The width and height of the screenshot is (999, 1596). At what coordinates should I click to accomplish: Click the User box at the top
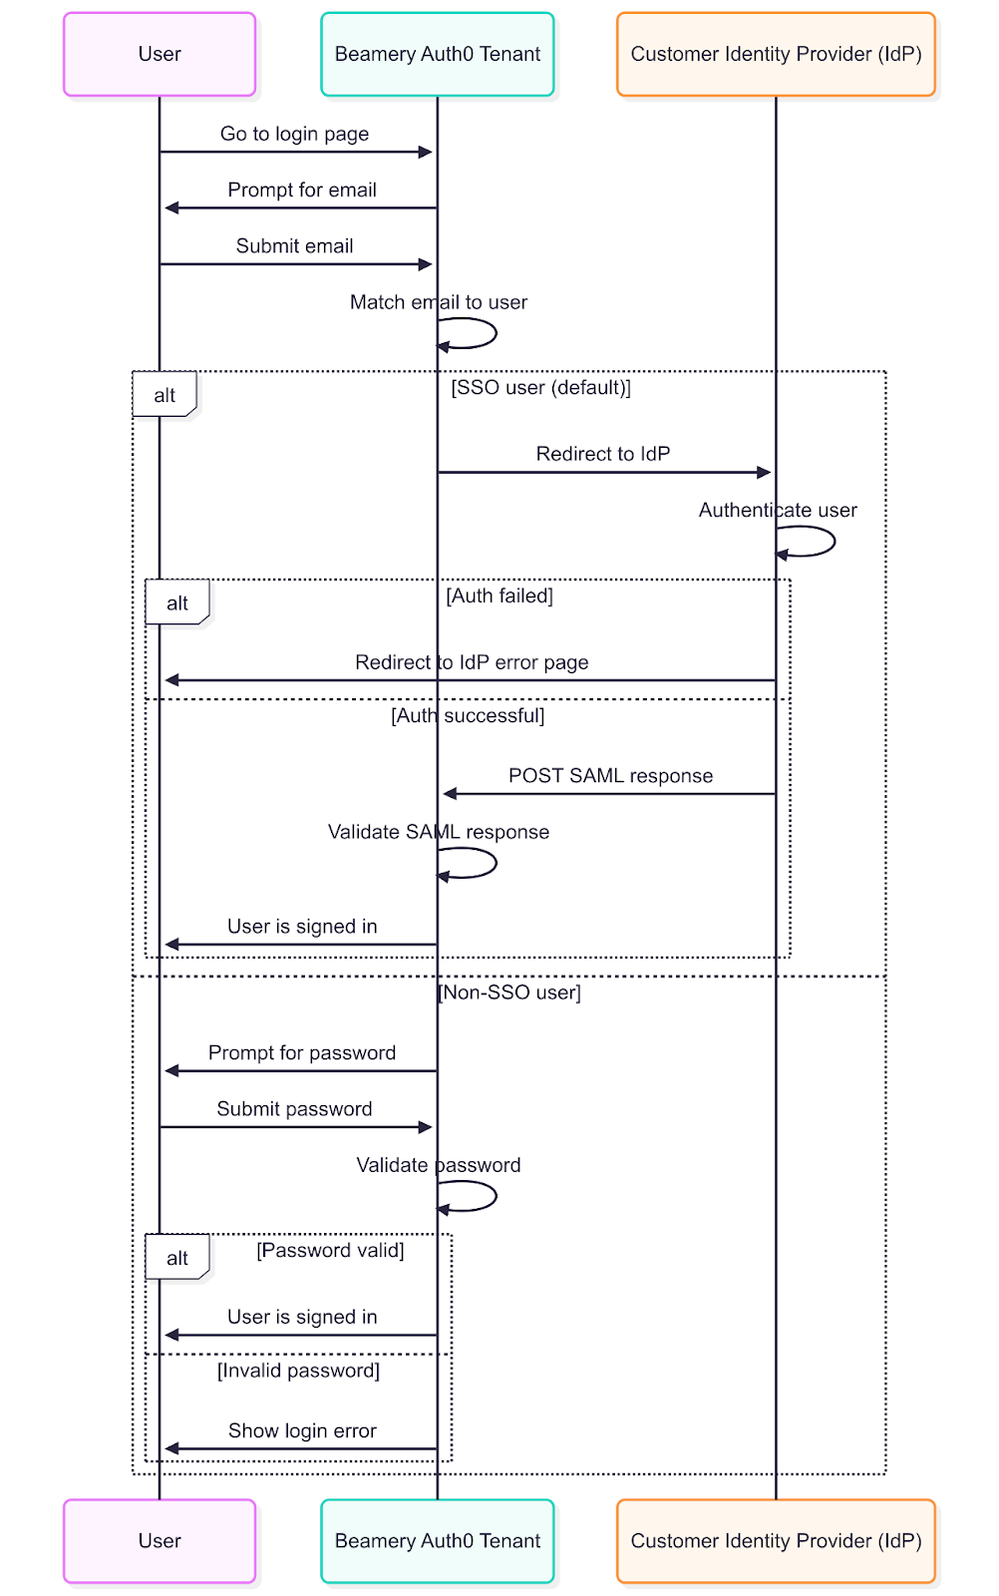point(160,55)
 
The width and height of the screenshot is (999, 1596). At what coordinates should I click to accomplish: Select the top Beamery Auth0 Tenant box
point(437,55)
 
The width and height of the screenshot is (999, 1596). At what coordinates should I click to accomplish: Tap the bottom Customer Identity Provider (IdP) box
point(776,1541)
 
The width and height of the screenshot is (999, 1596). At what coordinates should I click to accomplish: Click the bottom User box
point(160,1541)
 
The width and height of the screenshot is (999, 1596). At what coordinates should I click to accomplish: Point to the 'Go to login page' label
point(294,134)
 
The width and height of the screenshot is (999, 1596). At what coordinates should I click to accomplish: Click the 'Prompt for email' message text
point(302,190)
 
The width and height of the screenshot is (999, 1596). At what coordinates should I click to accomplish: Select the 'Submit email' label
point(294,246)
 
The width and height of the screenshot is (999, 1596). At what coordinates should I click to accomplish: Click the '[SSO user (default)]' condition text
point(540,388)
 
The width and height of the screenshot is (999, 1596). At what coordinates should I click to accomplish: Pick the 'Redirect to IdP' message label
point(603,454)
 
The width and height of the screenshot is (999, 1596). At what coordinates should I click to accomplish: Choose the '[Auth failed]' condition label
point(499,597)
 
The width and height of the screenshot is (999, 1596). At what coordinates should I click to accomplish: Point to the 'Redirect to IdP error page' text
point(472,662)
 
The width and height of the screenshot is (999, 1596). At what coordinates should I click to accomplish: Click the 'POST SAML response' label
point(610,776)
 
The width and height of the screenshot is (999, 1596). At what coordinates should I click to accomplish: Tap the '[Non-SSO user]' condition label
point(509,993)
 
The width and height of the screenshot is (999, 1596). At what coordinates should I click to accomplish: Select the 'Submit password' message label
point(294,1109)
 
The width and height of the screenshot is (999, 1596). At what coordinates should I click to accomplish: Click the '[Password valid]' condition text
point(330,1251)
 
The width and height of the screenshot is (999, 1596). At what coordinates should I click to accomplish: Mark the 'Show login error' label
point(302,1431)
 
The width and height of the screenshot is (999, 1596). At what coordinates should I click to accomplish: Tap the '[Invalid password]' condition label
point(298,1372)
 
